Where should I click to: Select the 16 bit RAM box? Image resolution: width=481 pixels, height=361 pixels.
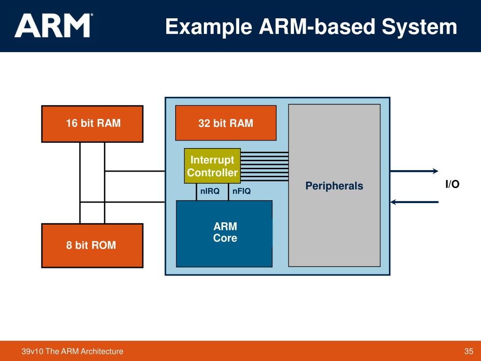click(x=92, y=124)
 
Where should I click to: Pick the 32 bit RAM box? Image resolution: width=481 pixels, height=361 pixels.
click(x=225, y=123)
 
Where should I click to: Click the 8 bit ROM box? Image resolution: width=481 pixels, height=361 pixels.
click(x=92, y=245)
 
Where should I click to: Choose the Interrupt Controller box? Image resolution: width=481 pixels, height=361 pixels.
click(x=212, y=166)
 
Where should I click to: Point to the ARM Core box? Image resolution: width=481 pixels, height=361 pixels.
click(x=225, y=233)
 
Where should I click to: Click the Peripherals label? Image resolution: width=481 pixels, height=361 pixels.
click(x=334, y=186)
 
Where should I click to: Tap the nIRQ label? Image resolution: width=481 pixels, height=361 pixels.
click(x=210, y=191)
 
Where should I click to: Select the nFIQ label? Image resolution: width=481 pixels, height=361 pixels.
click(x=241, y=191)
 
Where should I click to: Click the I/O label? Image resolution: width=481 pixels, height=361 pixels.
click(x=452, y=185)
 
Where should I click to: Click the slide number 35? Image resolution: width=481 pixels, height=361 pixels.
click(x=468, y=352)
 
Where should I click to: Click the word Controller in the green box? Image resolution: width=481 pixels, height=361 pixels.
click(x=212, y=173)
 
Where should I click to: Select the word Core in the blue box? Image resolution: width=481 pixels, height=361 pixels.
click(x=225, y=238)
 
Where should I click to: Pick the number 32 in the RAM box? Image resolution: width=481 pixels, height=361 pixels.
click(x=204, y=123)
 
